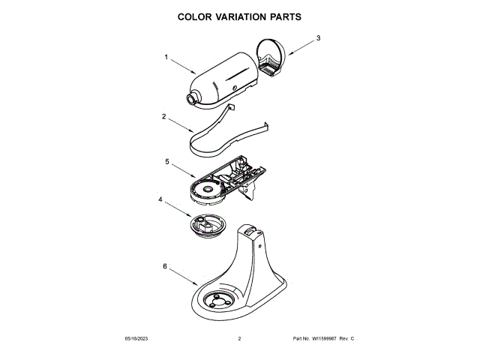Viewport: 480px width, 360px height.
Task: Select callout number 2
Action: coord(163,117)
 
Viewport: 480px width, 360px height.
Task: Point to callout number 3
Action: coord(317,37)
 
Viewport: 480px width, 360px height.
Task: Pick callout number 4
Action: coord(159,199)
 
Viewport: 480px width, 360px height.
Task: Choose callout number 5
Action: coord(166,160)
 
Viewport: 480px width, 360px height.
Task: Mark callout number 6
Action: coord(164,265)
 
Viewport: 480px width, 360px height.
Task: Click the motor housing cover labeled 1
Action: coord(224,79)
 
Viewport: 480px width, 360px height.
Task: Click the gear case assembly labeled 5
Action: coord(222,180)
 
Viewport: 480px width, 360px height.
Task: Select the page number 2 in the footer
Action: coord(239,340)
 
